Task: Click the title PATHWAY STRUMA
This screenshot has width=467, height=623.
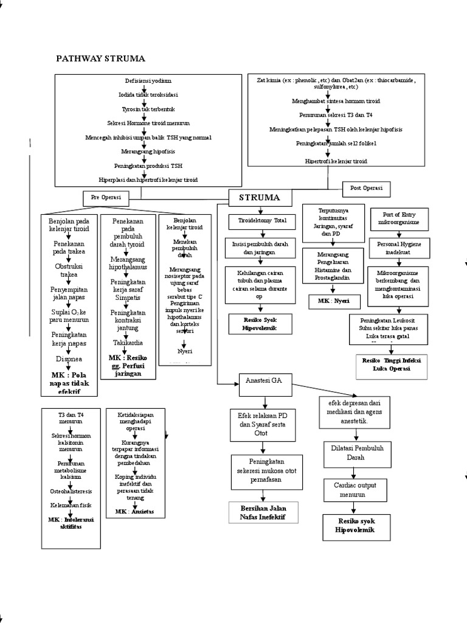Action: tap(100, 58)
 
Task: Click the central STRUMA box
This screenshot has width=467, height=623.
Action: tap(260, 198)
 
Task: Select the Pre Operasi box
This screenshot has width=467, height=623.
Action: tap(106, 197)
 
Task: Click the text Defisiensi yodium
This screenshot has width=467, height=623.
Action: tap(144, 81)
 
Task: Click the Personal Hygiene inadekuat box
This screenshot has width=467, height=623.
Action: tap(400, 247)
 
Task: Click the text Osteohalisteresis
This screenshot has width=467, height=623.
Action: tap(71, 490)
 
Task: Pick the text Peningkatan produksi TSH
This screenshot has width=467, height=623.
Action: tap(148, 165)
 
